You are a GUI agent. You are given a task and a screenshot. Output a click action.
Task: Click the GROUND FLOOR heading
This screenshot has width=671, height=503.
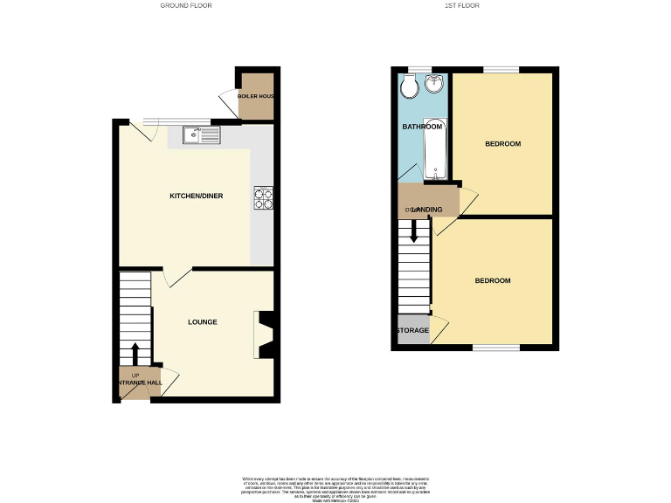[x=185, y=5]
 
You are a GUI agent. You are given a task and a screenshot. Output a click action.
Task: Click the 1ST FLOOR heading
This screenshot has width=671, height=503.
[x=461, y=5]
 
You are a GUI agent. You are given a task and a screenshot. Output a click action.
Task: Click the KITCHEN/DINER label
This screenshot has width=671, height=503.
[x=196, y=196]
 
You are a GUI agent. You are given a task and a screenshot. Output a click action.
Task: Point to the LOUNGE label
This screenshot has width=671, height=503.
[x=202, y=322]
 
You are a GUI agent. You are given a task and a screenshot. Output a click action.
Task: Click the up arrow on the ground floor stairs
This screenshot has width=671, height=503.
[x=135, y=355]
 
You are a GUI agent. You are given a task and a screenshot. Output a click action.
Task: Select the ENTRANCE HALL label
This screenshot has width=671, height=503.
[x=137, y=382]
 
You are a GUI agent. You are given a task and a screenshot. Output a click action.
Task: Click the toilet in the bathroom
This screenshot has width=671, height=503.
[x=409, y=87]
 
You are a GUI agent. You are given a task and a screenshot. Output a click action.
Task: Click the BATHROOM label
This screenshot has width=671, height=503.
[x=422, y=127]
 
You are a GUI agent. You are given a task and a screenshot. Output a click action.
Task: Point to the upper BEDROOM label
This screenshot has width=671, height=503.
[x=502, y=144]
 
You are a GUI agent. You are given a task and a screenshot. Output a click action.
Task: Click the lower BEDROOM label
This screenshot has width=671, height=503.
[x=493, y=280]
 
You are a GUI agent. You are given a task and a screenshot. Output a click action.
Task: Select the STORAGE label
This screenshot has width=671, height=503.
[x=412, y=331]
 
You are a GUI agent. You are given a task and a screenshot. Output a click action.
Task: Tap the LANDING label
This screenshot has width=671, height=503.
[x=425, y=210]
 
